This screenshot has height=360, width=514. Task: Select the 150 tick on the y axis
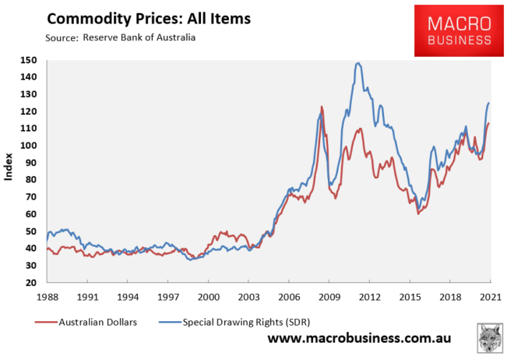tap(30, 60)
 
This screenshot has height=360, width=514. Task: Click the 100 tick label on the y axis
tap(30, 146)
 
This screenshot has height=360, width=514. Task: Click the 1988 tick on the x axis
tap(47, 297)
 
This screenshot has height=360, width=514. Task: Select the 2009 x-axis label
tap(329, 297)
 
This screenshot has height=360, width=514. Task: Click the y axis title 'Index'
tap(9, 171)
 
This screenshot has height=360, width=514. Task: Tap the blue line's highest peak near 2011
tap(357, 63)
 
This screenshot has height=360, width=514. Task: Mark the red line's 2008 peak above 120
tap(321, 106)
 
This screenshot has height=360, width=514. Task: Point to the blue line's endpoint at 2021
tap(489, 103)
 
